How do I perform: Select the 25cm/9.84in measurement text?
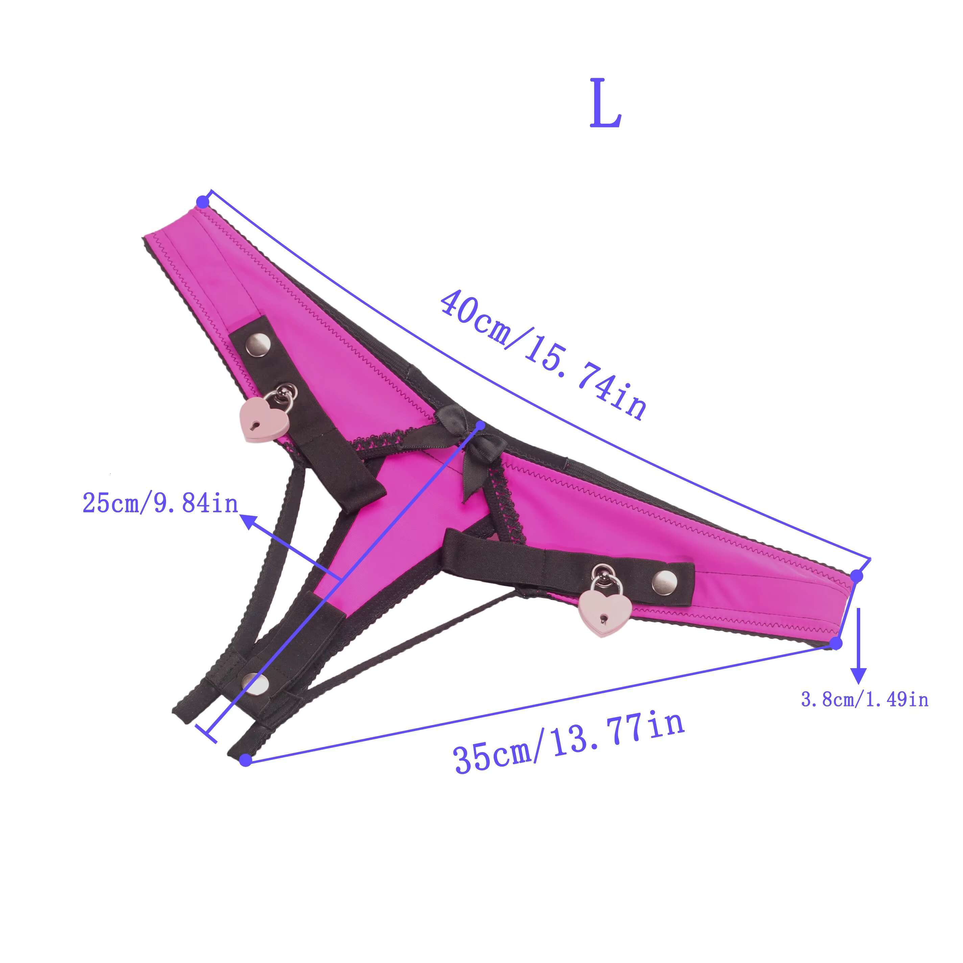pos(161,503)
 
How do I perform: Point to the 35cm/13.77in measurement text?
pos(568,743)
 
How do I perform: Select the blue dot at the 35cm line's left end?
pos(245,760)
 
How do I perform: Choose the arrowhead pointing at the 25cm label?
pos(249,521)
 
